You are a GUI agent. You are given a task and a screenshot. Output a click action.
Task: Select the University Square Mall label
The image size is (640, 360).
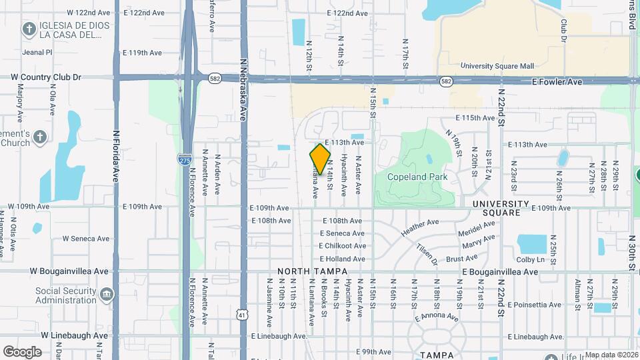point(498,66)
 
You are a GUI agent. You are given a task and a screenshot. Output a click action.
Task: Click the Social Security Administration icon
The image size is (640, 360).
point(107,294)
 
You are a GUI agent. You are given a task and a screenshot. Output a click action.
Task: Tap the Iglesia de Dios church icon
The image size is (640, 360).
point(29,29)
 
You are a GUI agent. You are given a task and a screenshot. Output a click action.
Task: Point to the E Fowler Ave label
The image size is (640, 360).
point(557,81)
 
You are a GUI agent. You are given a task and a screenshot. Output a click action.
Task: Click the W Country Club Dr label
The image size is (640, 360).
point(46,77)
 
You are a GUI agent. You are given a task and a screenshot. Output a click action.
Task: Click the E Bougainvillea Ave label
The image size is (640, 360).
point(500,272)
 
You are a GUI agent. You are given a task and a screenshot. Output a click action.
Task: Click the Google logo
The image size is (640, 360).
point(22,351)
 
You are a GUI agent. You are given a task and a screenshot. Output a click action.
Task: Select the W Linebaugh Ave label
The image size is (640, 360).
point(75,335)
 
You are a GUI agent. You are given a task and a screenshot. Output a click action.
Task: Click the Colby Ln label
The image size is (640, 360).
point(531,259)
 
